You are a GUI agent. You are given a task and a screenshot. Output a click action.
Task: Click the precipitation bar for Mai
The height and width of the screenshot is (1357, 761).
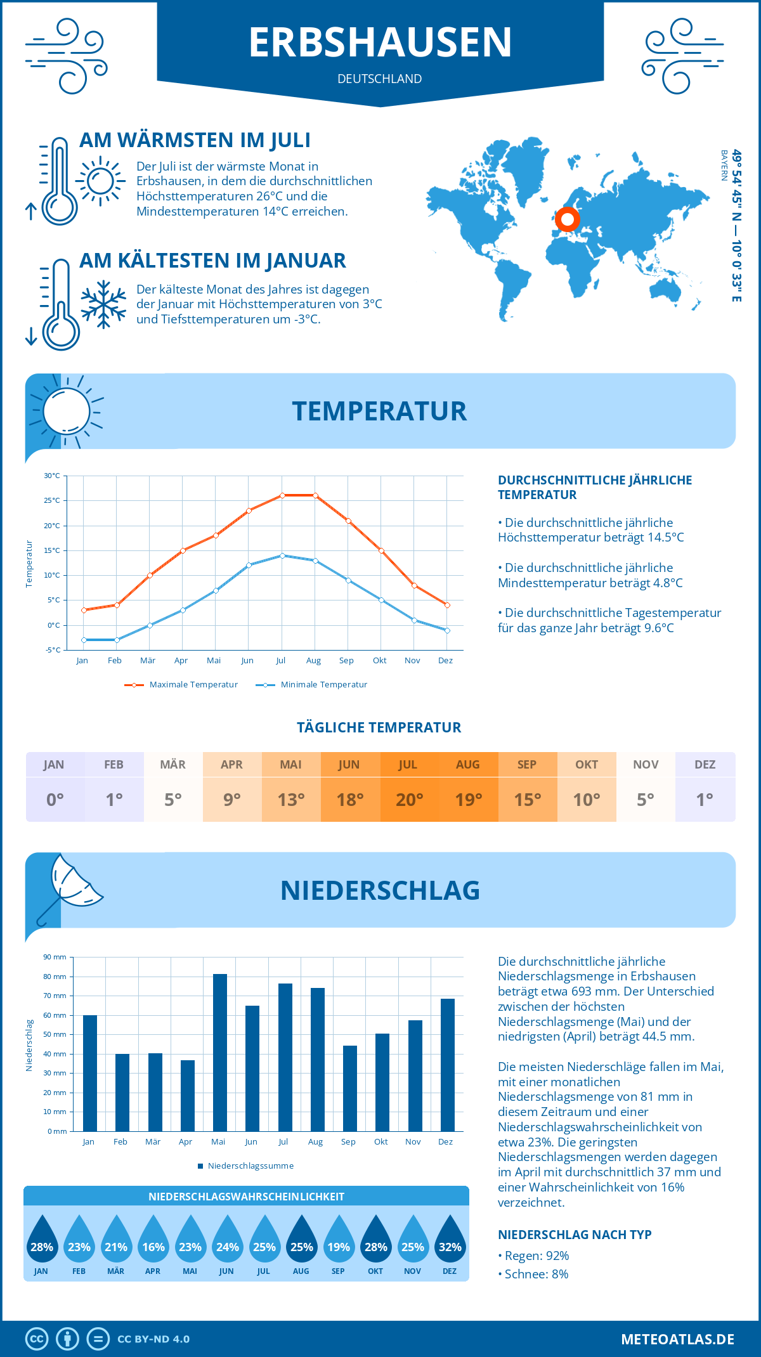point(219,1053)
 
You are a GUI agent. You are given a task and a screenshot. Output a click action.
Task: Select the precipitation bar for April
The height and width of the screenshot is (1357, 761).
point(188,1095)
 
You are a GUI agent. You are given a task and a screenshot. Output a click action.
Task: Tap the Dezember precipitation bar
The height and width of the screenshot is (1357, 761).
point(448,1065)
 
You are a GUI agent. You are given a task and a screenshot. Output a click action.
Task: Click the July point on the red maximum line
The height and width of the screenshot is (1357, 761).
point(282,495)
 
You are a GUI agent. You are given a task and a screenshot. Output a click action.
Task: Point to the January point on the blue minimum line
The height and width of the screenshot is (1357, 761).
point(84,640)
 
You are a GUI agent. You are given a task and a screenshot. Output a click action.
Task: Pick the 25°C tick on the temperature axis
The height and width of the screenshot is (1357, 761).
point(52,500)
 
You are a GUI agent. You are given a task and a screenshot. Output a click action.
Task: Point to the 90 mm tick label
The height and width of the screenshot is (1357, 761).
point(55,957)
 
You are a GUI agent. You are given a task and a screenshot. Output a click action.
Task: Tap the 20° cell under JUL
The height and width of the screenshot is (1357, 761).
point(409,800)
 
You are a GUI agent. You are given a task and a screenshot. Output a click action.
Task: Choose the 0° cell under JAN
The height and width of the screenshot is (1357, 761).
point(55,800)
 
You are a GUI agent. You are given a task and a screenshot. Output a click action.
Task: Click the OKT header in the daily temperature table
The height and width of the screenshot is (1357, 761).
point(587,765)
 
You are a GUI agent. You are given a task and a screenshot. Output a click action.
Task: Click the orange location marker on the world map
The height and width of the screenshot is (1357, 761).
point(567,219)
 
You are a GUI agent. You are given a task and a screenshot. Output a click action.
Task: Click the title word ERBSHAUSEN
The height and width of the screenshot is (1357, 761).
point(380,42)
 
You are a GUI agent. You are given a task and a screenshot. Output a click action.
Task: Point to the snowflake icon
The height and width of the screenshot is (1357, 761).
point(103,304)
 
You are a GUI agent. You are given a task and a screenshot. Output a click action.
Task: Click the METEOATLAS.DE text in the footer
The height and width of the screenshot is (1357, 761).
point(677,1339)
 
